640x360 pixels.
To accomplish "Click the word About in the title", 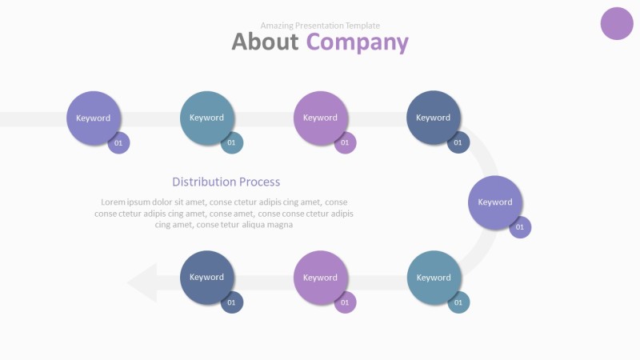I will [x=265, y=42].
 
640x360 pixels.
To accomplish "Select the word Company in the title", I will [x=357, y=42].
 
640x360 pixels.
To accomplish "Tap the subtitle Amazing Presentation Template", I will [x=320, y=26].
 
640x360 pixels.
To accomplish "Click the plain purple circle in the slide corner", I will [x=617, y=22].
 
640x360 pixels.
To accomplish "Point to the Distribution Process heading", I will [x=226, y=182].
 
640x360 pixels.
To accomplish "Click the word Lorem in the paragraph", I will [x=114, y=202].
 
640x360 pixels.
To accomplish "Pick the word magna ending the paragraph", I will [x=279, y=225].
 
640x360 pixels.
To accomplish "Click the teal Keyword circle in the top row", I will [x=207, y=118].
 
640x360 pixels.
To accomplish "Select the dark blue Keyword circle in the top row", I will [x=434, y=118].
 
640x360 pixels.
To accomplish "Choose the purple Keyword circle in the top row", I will [x=320, y=118].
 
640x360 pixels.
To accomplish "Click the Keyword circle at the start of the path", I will [x=94, y=118].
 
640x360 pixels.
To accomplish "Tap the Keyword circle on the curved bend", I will [x=495, y=202].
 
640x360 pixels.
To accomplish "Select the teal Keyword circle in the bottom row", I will [x=434, y=278].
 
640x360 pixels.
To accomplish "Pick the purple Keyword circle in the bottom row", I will [x=320, y=278].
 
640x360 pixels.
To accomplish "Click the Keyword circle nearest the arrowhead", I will [x=207, y=278].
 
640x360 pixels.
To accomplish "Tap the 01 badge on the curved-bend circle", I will [x=520, y=227].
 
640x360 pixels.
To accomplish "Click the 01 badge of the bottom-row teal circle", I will [x=458, y=302].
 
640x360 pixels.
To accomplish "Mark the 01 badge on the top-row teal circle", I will [x=232, y=143].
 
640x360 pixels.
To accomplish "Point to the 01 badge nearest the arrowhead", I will [x=232, y=302].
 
